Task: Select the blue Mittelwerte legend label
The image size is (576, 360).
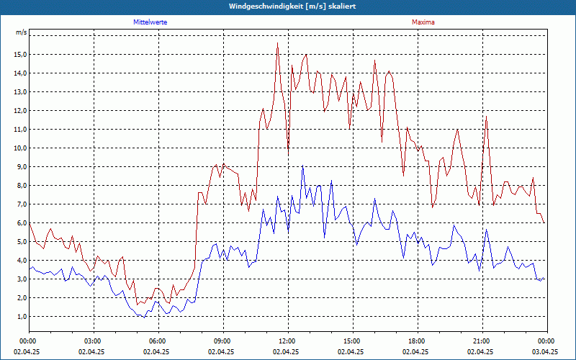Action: [150, 22]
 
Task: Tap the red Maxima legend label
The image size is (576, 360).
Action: [423, 22]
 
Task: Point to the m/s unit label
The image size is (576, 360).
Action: [21, 33]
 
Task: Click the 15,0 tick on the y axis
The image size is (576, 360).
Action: [19, 54]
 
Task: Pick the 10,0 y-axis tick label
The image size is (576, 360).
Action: [19, 148]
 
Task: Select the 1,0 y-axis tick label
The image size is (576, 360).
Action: [21, 316]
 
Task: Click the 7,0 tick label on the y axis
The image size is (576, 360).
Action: [21, 204]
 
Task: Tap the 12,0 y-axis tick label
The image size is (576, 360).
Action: [19, 110]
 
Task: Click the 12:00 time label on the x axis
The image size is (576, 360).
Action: [287, 341]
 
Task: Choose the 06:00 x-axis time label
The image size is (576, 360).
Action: [157, 341]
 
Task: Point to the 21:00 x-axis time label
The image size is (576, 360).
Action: [481, 341]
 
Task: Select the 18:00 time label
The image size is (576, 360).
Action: [416, 341]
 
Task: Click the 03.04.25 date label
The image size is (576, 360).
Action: [546, 352]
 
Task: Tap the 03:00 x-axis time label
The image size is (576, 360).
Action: [92, 341]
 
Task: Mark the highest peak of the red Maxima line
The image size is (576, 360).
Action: [277, 43]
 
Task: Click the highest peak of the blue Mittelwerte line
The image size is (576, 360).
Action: [302, 166]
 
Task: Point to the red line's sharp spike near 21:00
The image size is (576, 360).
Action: [487, 116]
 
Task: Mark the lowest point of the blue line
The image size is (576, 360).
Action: [145, 317]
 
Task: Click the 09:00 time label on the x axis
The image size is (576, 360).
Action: [222, 341]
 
